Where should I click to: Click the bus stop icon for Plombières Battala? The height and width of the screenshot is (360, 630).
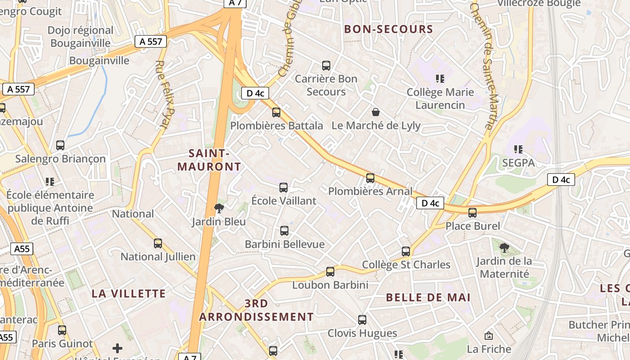point(276,112)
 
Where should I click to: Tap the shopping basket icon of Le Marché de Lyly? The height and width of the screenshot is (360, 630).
point(376,112)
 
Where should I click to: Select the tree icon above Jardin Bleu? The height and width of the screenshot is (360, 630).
point(219,208)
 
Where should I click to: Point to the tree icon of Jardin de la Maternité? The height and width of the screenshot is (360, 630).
point(504,247)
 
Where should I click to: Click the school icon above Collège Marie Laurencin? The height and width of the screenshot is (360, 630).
point(440,79)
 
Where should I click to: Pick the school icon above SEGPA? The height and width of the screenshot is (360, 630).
point(518,149)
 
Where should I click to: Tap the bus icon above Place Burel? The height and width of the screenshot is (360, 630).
point(472,212)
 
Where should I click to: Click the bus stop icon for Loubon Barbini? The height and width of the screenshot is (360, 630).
point(330,271)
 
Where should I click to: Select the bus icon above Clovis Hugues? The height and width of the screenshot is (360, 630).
point(362,320)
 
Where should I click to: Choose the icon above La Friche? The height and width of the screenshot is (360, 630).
point(488,336)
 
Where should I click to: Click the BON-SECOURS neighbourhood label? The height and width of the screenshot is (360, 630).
point(388,30)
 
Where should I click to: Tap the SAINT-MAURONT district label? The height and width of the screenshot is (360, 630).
point(209,160)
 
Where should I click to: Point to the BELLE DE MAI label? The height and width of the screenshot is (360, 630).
point(428,297)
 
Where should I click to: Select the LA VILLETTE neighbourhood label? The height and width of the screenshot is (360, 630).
point(129,294)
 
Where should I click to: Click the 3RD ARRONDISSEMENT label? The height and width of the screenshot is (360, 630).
point(256,310)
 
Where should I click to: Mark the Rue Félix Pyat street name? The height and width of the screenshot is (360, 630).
point(164,94)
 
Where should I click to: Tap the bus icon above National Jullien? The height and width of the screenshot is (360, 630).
point(158,243)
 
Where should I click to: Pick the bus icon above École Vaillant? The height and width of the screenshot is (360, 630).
point(283,188)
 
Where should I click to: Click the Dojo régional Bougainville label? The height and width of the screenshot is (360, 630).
point(81,37)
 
